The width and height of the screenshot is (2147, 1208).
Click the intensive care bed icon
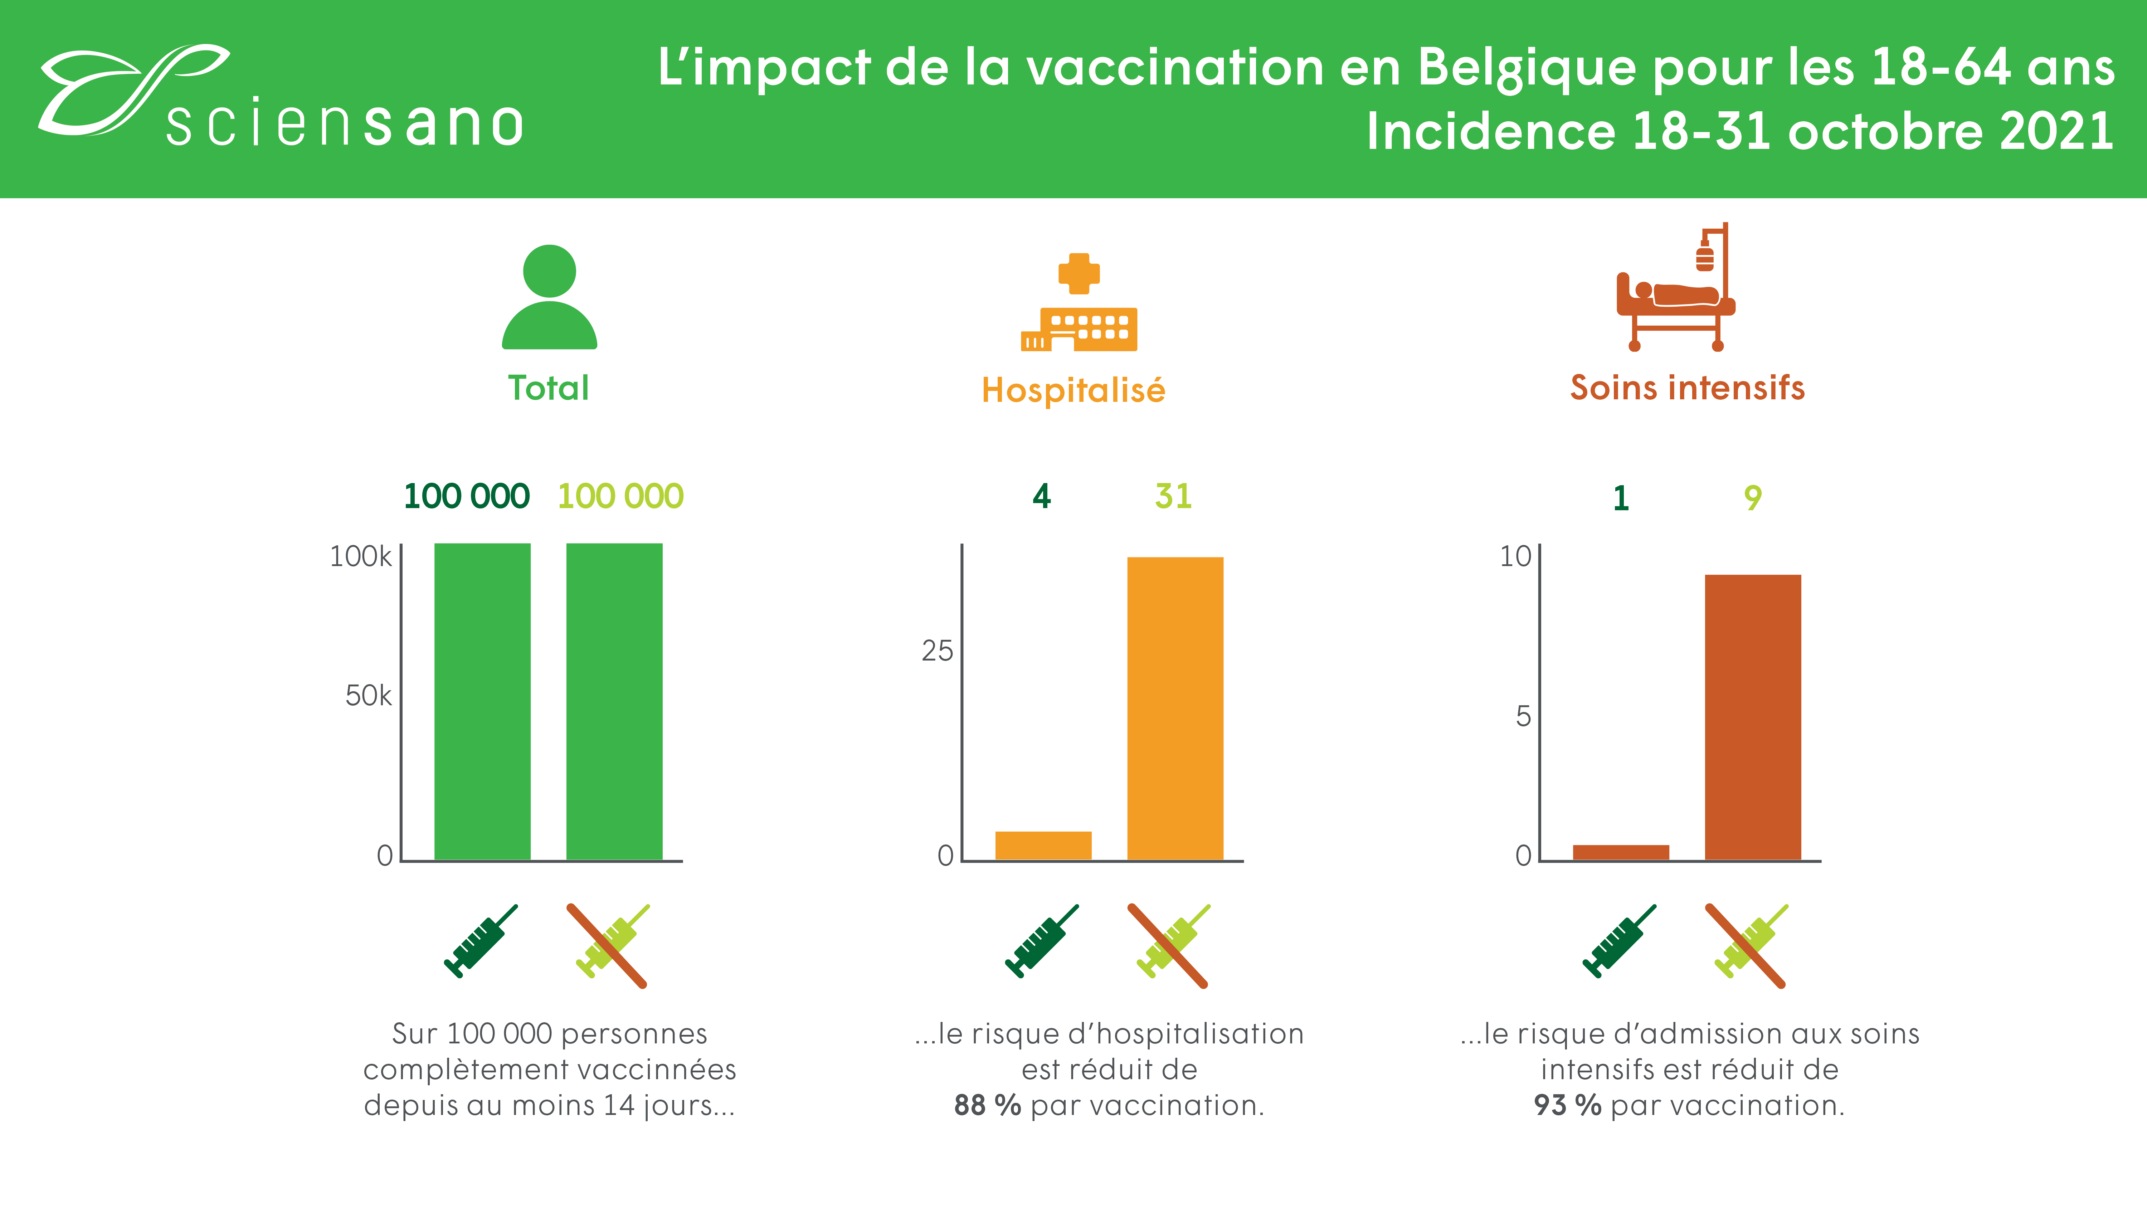click(1675, 292)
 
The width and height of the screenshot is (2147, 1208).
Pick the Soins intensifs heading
click(1687, 388)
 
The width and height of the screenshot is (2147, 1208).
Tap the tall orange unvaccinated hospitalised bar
click(1175, 708)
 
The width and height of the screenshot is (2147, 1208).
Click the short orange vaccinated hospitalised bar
click(1043, 846)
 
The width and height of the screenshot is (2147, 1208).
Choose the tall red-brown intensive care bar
click(1753, 717)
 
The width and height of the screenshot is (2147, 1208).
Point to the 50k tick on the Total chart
click(367, 695)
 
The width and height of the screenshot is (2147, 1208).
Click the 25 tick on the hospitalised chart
click(937, 651)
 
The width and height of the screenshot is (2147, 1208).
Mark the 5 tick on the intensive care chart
click(1523, 716)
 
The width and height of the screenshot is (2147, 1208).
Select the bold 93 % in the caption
click(1567, 1105)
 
